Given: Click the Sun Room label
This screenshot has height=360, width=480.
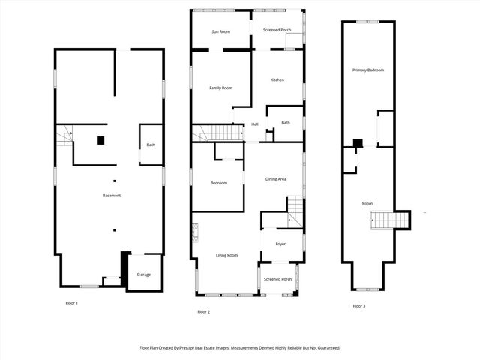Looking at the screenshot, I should coord(220,31).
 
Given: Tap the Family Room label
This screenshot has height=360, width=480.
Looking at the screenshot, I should coord(220,88).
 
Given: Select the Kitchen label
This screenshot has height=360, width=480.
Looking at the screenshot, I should coord(277,79).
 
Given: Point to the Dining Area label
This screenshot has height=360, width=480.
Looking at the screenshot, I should coord(276,179).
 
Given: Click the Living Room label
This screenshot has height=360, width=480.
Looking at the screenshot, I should coord(227,256).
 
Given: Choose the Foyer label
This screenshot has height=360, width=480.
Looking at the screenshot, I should coord(280,244).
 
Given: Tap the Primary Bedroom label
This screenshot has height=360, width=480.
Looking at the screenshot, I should coord(368,70).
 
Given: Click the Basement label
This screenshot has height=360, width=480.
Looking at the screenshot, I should coord(112,196).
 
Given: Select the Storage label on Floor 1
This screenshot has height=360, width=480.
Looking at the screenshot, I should coord(143,274).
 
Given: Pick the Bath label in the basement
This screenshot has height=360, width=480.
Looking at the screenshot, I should coord(151,145).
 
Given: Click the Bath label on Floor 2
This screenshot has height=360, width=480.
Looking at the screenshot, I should coord(286,123).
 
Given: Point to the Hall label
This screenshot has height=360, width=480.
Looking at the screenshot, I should coord(255,124).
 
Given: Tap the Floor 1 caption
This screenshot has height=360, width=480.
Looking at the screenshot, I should coord(72,303).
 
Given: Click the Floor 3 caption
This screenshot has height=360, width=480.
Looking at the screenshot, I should coord(360,306).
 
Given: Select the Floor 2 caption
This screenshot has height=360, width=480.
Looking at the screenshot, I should coord(204,311).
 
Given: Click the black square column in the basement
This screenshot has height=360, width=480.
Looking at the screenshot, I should coord(100,139).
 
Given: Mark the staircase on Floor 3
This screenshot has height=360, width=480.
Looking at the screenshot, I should coord(391,219).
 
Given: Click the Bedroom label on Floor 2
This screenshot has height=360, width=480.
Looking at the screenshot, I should coord(218,183).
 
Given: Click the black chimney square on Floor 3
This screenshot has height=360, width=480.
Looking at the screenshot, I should coord(358,143).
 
